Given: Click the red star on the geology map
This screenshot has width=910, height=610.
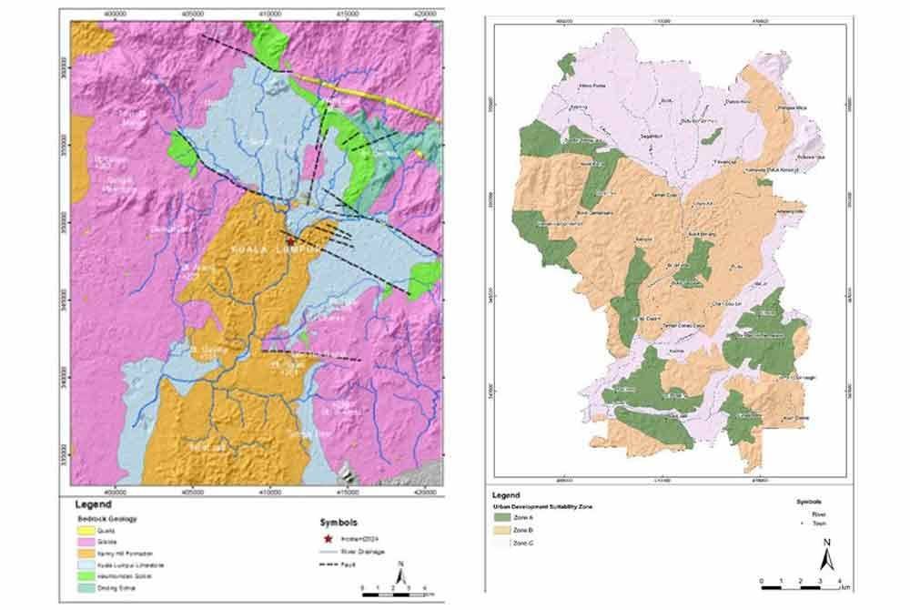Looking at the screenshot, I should click(289, 230).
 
